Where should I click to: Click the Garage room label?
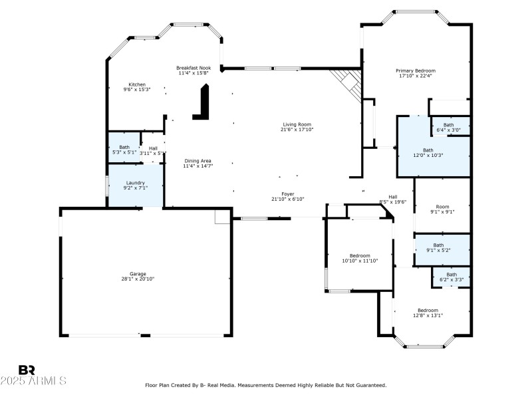[x=138, y=273]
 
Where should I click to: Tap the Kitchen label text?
[x=137, y=84]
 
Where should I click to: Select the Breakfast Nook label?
[x=194, y=68]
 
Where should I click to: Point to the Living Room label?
[x=297, y=124]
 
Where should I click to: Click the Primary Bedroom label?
[x=416, y=70]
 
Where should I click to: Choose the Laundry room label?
[x=136, y=183]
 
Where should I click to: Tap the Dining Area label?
[x=198, y=160]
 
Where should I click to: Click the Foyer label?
[x=287, y=194]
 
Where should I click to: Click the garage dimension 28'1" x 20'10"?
[x=138, y=279]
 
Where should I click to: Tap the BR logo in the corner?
[x=27, y=370]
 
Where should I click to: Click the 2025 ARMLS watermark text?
[x=33, y=381]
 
